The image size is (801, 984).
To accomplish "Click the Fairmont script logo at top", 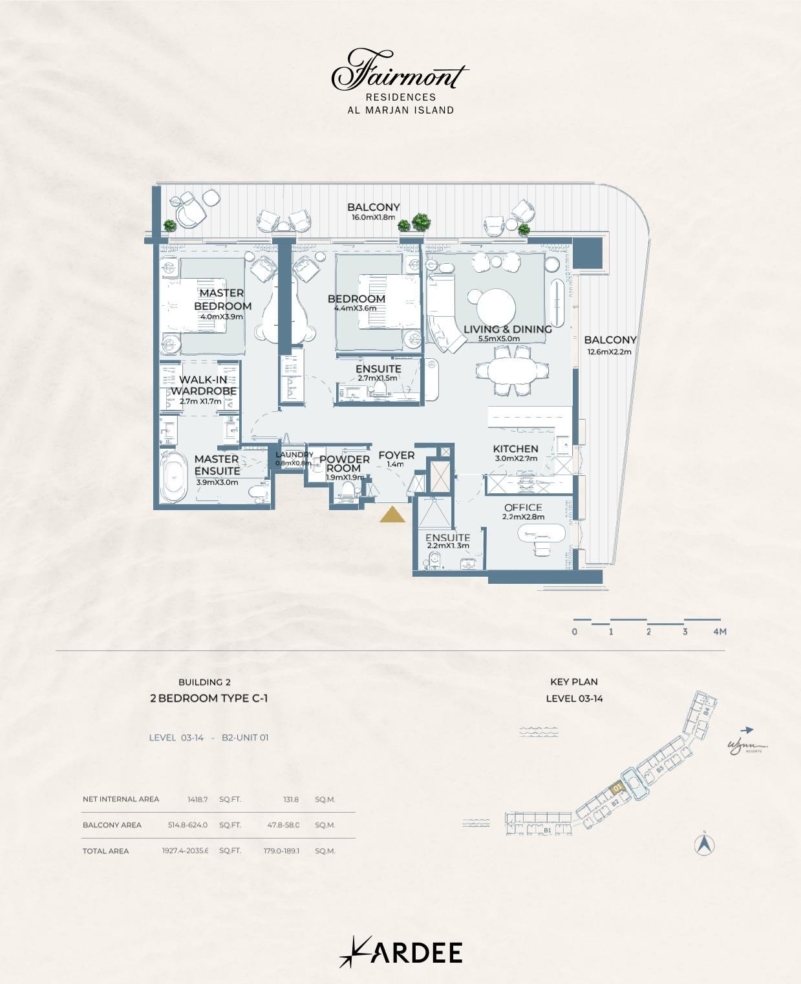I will [400, 71].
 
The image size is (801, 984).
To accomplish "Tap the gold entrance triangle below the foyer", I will [392, 515].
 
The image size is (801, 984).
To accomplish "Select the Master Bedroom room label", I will [222, 299].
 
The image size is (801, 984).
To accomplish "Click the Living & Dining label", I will [507, 329].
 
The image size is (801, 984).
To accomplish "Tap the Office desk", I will [542, 533].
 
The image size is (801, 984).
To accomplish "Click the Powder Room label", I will [344, 464].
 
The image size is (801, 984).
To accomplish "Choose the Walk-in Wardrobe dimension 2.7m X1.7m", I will [200, 401].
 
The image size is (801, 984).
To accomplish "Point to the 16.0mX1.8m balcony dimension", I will [373, 218].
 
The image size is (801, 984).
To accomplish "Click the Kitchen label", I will [515, 449].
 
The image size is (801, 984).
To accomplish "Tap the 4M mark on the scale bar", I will [720, 632].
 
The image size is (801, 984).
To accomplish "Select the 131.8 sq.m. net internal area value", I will [291, 800].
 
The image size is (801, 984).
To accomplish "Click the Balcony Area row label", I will [112, 825].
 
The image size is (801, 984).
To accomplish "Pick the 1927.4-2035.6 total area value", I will [185, 851].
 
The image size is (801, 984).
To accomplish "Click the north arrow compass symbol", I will [704, 844].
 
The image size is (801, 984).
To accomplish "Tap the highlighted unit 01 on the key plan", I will [617, 788].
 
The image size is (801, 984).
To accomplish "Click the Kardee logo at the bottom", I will [400, 952].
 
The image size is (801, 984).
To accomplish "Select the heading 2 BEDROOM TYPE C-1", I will [209, 698].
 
